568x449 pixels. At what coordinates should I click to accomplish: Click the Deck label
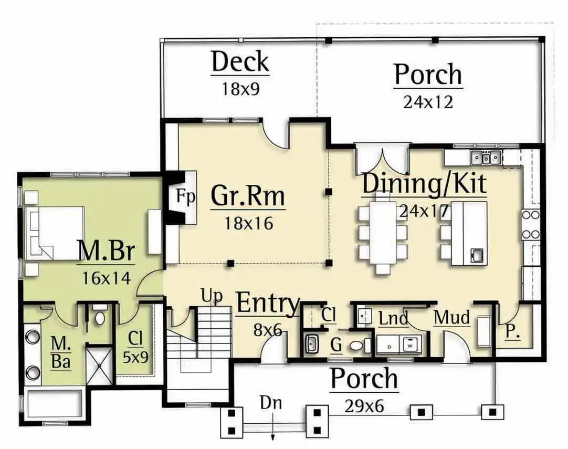click(240, 62)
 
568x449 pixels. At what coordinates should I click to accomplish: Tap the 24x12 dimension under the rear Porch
click(428, 102)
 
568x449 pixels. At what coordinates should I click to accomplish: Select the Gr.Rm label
click(248, 196)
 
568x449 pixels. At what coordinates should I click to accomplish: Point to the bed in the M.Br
click(55, 233)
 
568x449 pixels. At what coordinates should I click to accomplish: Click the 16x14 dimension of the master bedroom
click(107, 278)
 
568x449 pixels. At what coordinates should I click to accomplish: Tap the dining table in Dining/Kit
click(383, 233)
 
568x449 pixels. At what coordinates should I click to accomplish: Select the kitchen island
click(469, 234)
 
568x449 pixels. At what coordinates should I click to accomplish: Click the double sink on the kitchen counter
click(486, 158)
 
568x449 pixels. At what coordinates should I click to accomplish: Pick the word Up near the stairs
click(212, 296)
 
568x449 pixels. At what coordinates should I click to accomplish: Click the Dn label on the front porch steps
click(271, 403)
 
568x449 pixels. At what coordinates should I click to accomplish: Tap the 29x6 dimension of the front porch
click(364, 406)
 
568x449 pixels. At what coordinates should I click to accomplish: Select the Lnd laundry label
click(393, 318)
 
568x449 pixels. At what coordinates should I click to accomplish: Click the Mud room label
click(451, 318)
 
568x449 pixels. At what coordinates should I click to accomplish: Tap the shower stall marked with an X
click(100, 364)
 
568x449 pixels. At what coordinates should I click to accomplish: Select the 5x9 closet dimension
click(135, 358)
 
